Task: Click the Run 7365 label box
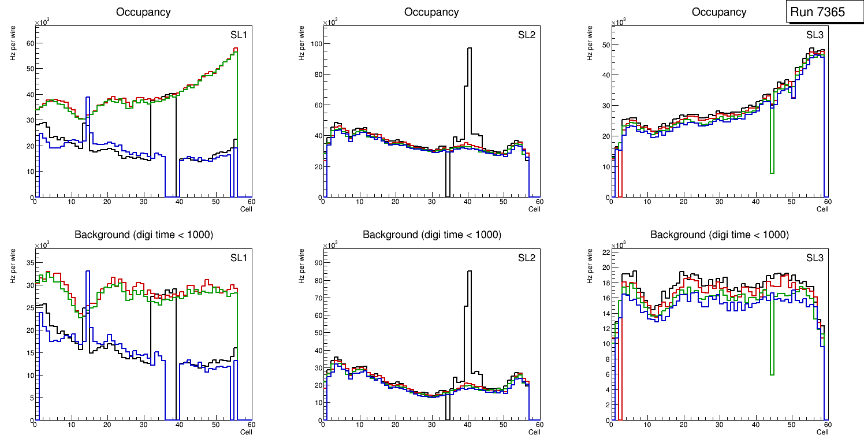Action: (821, 12)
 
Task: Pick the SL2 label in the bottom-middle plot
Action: (526, 257)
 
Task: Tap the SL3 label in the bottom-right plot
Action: (814, 257)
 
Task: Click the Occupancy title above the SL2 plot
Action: (431, 12)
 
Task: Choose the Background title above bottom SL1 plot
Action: (143, 235)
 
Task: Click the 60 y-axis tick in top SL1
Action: (30, 43)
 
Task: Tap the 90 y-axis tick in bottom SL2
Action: (316, 263)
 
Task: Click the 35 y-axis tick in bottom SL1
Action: (30, 263)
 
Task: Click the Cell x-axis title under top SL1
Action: (246, 209)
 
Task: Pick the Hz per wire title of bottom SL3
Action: (590, 266)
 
